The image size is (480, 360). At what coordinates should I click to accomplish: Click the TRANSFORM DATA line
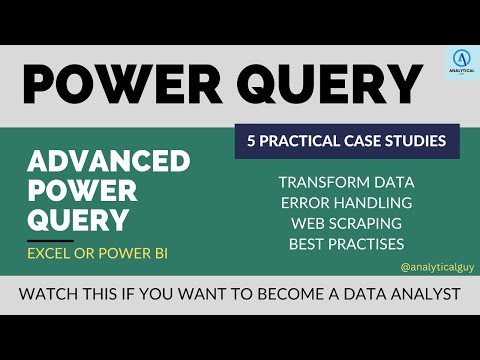coord(346,182)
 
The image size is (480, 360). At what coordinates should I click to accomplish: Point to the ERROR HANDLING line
coord(346,203)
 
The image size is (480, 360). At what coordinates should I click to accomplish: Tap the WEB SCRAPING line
coord(346,223)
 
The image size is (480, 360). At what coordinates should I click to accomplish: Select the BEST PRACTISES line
coord(346,243)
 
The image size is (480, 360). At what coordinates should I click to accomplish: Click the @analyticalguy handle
coord(434,268)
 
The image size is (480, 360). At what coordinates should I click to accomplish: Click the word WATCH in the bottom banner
coord(52,296)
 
